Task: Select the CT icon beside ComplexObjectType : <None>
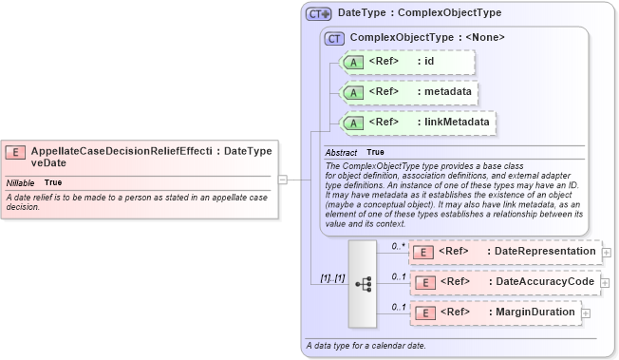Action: (x=333, y=38)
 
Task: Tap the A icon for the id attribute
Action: (x=353, y=62)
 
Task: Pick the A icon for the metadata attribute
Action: (x=353, y=93)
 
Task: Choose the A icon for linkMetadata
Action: (x=353, y=123)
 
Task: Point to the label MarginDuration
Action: (x=535, y=313)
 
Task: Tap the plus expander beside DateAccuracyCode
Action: (x=607, y=283)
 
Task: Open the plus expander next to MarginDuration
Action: (x=586, y=313)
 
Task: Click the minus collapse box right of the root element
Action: (x=283, y=178)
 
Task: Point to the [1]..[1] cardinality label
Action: (x=331, y=278)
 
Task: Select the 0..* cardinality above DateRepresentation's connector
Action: (x=399, y=245)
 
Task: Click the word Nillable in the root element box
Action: (x=21, y=180)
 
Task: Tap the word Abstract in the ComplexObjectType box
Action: (x=341, y=152)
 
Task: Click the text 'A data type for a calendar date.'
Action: (x=366, y=344)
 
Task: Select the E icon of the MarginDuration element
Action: (x=427, y=313)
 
